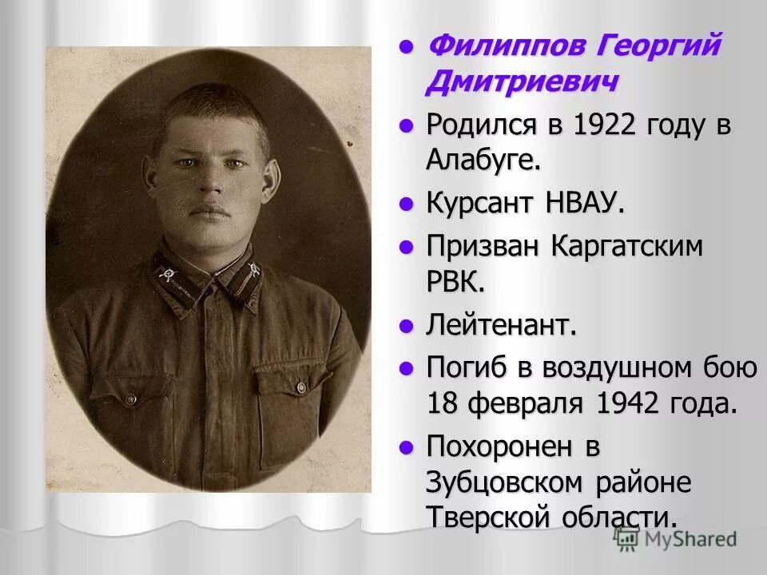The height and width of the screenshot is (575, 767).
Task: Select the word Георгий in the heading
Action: tap(659, 46)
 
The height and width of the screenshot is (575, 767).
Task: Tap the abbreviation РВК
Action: tap(456, 282)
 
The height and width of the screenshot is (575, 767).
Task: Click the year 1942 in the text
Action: tap(628, 403)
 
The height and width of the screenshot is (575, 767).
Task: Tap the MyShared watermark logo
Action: tap(676, 539)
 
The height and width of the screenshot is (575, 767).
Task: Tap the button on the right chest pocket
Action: tap(301, 387)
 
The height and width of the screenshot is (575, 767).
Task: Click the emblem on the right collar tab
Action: tap(254, 269)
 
